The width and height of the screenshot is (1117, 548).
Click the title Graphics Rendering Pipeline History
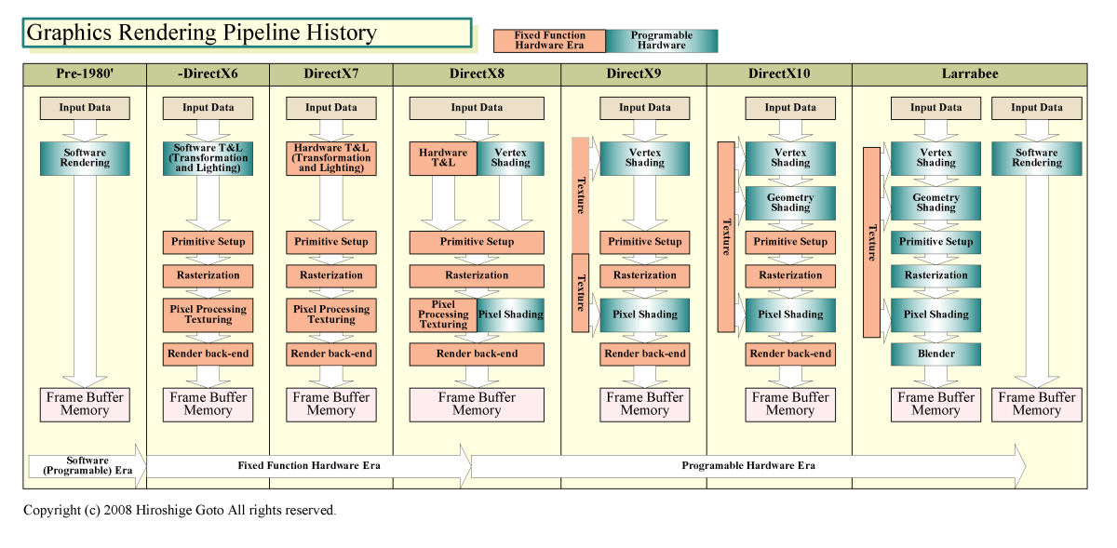click(201, 33)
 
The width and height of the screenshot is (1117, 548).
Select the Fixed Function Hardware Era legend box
click(550, 40)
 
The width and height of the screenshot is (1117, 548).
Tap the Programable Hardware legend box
click(662, 40)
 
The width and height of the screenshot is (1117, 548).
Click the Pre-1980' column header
click(85, 74)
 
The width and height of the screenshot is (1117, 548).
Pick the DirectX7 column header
click(331, 74)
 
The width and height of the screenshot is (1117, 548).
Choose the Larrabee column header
click(969, 74)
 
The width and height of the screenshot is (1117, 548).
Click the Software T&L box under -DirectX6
click(209, 158)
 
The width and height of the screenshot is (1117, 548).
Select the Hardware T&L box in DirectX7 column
click(331, 158)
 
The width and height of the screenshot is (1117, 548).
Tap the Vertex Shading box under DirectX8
click(510, 158)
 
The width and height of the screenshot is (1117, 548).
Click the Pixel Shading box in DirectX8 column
click(510, 314)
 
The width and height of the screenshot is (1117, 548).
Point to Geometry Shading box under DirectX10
click(790, 203)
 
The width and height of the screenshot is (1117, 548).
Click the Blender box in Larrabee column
click(935, 354)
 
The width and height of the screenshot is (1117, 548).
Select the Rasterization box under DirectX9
click(645, 275)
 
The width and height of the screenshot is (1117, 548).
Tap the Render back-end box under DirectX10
click(790, 354)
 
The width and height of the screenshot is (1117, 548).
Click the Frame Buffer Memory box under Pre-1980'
click(85, 404)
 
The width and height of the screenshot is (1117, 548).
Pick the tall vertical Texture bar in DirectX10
click(726, 236)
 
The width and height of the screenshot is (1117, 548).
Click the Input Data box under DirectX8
click(477, 108)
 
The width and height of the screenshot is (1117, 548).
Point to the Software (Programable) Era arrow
click(87, 465)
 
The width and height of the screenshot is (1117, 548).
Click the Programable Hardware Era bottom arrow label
click(748, 465)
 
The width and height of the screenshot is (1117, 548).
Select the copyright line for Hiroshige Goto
click(180, 510)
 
